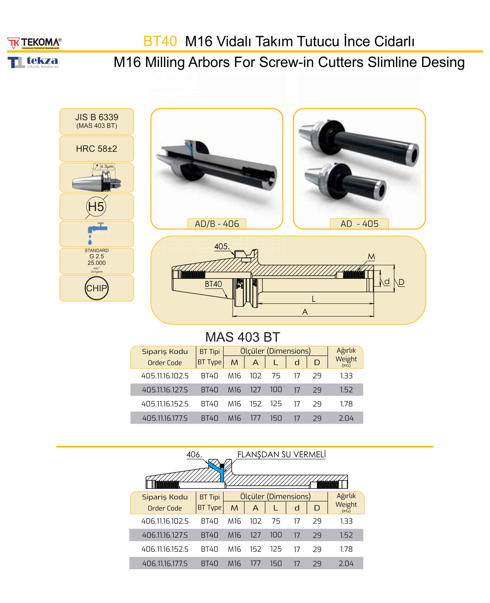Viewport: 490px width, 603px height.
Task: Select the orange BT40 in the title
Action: click(160, 41)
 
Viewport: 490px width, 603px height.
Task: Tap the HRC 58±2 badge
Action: click(97, 149)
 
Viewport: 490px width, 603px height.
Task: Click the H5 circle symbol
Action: click(96, 206)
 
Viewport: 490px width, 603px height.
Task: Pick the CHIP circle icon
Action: click(97, 288)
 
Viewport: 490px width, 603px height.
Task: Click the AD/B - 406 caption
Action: click(217, 224)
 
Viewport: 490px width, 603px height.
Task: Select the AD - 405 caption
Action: click(359, 224)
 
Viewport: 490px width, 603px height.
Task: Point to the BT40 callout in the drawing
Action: click(213, 284)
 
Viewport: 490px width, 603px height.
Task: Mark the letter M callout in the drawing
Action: click(371, 256)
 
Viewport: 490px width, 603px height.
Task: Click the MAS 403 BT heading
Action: click(242, 337)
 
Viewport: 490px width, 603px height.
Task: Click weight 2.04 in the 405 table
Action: click(346, 418)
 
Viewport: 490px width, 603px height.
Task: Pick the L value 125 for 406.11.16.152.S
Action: click(276, 549)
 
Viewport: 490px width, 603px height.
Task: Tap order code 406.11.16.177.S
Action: click(165, 563)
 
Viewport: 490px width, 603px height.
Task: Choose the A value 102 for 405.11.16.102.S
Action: click(255, 376)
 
